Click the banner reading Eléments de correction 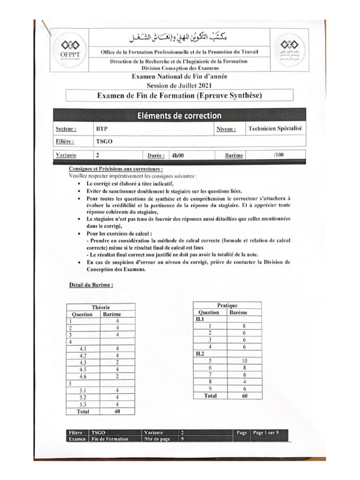coord(179,115)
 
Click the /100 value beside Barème coord(277,155)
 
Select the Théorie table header coord(100,307)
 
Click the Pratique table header coord(227,305)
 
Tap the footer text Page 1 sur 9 coord(266,433)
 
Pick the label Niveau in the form coord(226,129)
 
